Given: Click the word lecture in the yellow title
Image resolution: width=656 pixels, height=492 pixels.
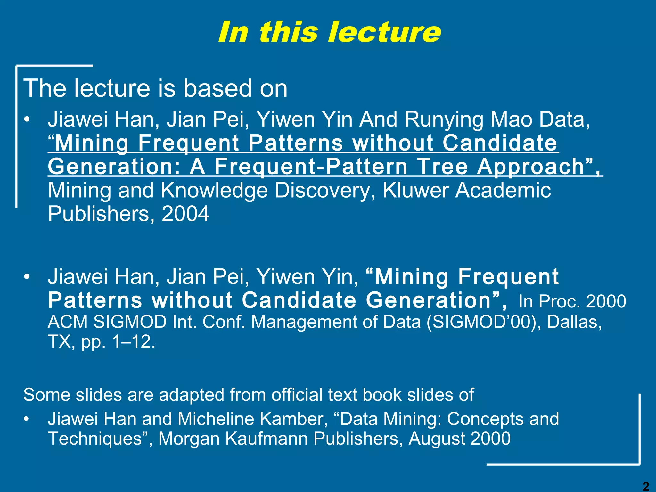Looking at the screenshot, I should pyautogui.click(x=384, y=32).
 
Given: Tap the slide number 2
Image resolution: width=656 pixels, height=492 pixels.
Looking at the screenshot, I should pyautogui.click(x=646, y=486).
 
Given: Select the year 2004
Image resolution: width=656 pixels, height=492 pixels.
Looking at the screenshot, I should pyautogui.click(x=185, y=214).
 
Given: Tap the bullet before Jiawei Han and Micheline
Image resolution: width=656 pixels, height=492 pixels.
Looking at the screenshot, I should pyautogui.click(x=28, y=419).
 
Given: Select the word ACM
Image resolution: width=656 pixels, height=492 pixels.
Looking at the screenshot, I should pyautogui.click(x=68, y=322).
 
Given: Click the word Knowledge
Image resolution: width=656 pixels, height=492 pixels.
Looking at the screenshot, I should pyautogui.click(x=214, y=190).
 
